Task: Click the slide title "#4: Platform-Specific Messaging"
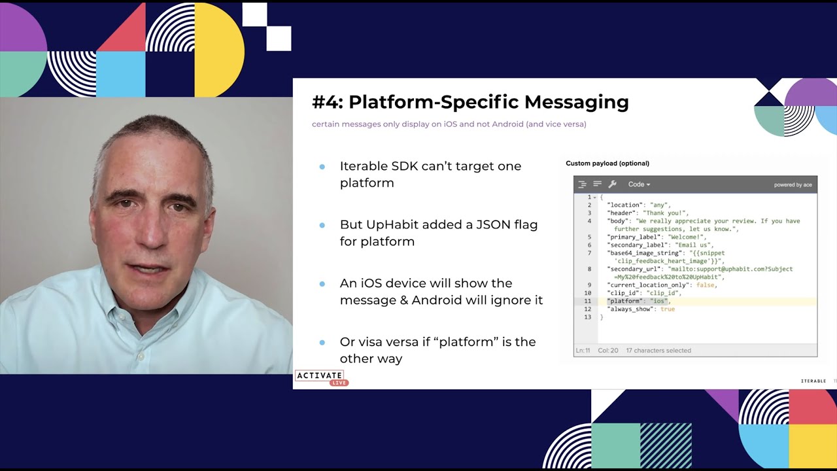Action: [x=470, y=102]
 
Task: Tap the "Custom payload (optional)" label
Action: [x=607, y=164]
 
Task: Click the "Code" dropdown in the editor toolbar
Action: [x=639, y=184]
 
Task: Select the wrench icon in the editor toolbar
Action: [x=612, y=184]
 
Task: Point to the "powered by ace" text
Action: [x=793, y=185]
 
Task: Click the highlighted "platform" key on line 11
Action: [x=624, y=301]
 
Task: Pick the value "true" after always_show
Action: [x=667, y=309]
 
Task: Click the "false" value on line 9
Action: [x=706, y=285]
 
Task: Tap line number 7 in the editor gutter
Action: [x=589, y=253]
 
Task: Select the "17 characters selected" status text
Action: [x=658, y=351]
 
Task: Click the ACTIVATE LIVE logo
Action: [x=320, y=377]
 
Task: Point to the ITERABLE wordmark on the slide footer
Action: [x=813, y=381]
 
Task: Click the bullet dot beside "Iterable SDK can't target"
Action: [x=322, y=167]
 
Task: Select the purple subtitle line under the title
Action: [x=449, y=124]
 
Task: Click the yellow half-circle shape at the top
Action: [x=219, y=49]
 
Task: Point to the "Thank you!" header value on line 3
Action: [x=665, y=213]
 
